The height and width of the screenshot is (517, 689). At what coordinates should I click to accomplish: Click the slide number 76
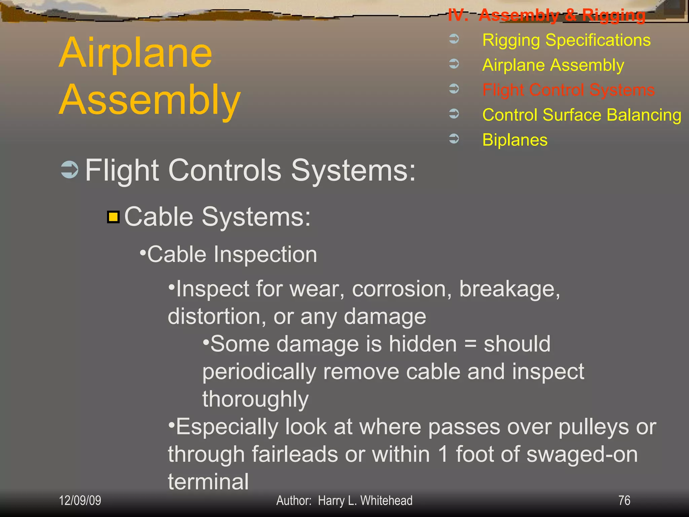click(x=624, y=501)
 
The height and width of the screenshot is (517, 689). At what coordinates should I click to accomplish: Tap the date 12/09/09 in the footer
click(x=80, y=501)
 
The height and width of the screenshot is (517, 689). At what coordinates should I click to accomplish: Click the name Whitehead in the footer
click(x=386, y=501)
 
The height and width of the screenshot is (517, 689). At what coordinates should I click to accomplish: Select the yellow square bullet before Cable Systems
click(x=113, y=217)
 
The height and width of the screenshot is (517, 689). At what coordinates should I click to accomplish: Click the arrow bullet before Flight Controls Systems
click(x=70, y=170)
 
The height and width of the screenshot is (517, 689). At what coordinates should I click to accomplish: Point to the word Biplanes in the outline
click(x=515, y=140)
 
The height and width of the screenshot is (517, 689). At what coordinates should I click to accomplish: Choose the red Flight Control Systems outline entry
click(x=568, y=90)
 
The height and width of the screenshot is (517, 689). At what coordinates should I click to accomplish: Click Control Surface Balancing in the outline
click(x=582, y=115)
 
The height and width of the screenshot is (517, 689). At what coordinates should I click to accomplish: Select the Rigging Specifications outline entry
click(x=566, y=40)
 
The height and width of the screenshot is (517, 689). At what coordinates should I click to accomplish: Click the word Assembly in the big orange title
click(x=150, y=100)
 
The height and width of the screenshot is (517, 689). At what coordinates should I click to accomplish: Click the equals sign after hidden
click(x=470, y=344)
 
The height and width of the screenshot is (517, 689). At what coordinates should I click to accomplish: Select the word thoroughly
click(x=255, y=399)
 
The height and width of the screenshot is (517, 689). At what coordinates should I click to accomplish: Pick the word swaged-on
click(x=582, y=454)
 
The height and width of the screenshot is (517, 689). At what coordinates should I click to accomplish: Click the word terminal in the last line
click(x=208, y=482)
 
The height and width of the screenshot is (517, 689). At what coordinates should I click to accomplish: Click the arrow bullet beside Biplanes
click(x=454, y=138)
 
